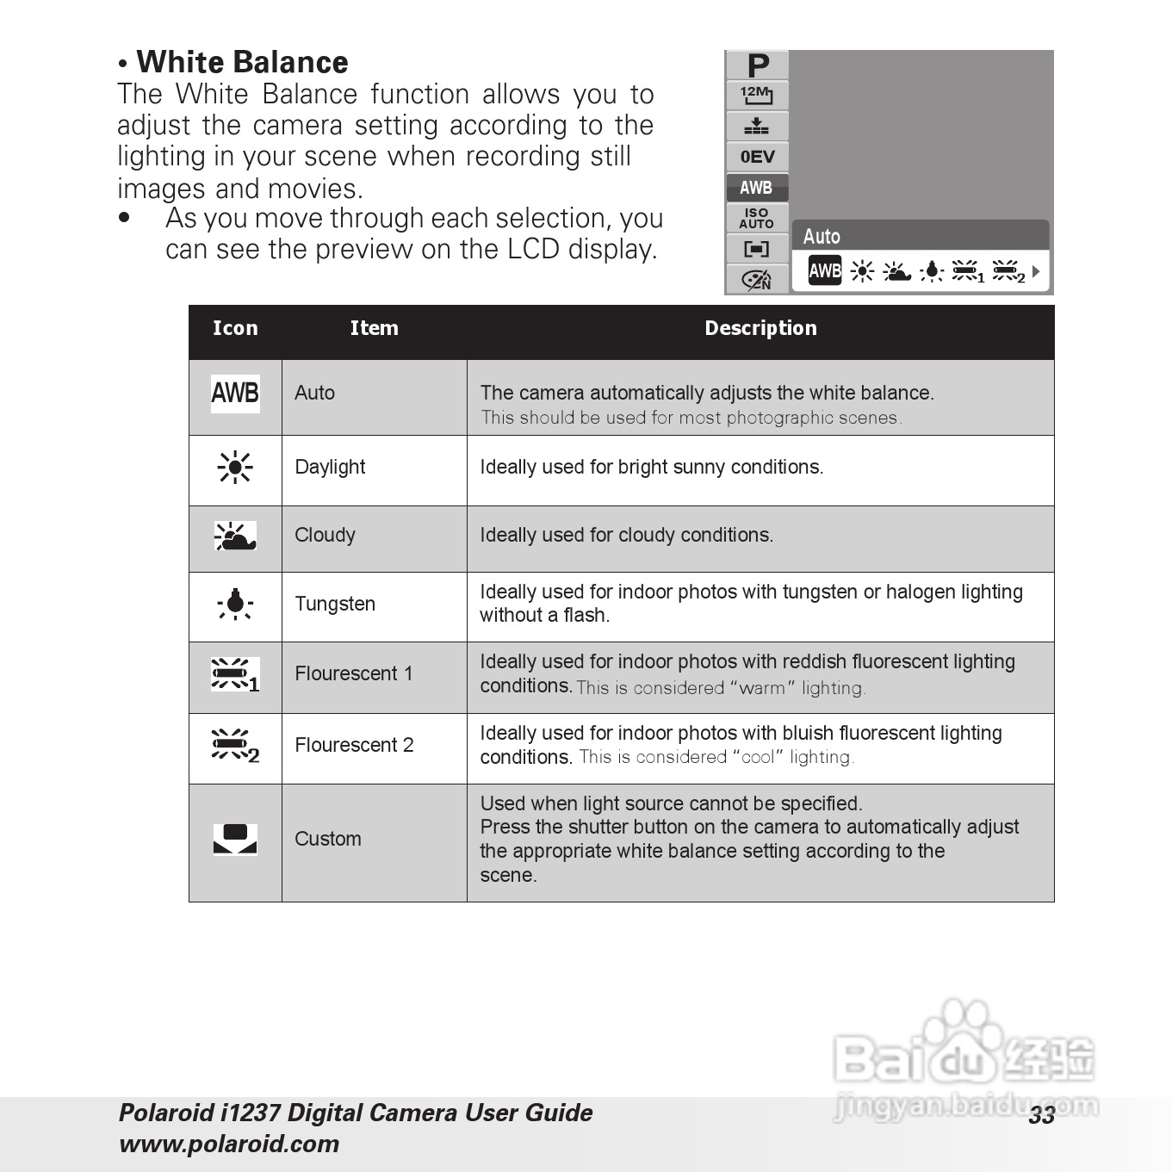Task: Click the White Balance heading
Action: pos(242,63)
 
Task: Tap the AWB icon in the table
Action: pos(235,394)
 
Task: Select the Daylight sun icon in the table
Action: pos(235,468)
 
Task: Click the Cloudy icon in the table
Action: pos(235,536)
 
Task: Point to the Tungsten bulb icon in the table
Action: pos(235,605)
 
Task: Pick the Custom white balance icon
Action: pos(235,839)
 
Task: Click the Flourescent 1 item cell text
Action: pos(354,673)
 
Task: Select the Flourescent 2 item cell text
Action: pos(354,745)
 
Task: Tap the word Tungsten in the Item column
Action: pos(335,604)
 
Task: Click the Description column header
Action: pos(760,328)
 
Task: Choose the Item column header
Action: pos(374,328)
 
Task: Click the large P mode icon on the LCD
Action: pos(758,65)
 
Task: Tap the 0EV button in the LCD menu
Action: pos(758,157)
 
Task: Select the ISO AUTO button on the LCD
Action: pos(757,218)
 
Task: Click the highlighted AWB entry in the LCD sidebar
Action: pos(756,188)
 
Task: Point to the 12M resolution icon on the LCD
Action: pos(757,94)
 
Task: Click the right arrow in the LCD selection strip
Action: pos(1036,272)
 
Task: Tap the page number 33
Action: pos(1041,1115)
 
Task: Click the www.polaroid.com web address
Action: pos(229,1144)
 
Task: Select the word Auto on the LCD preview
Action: pos(822,237)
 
